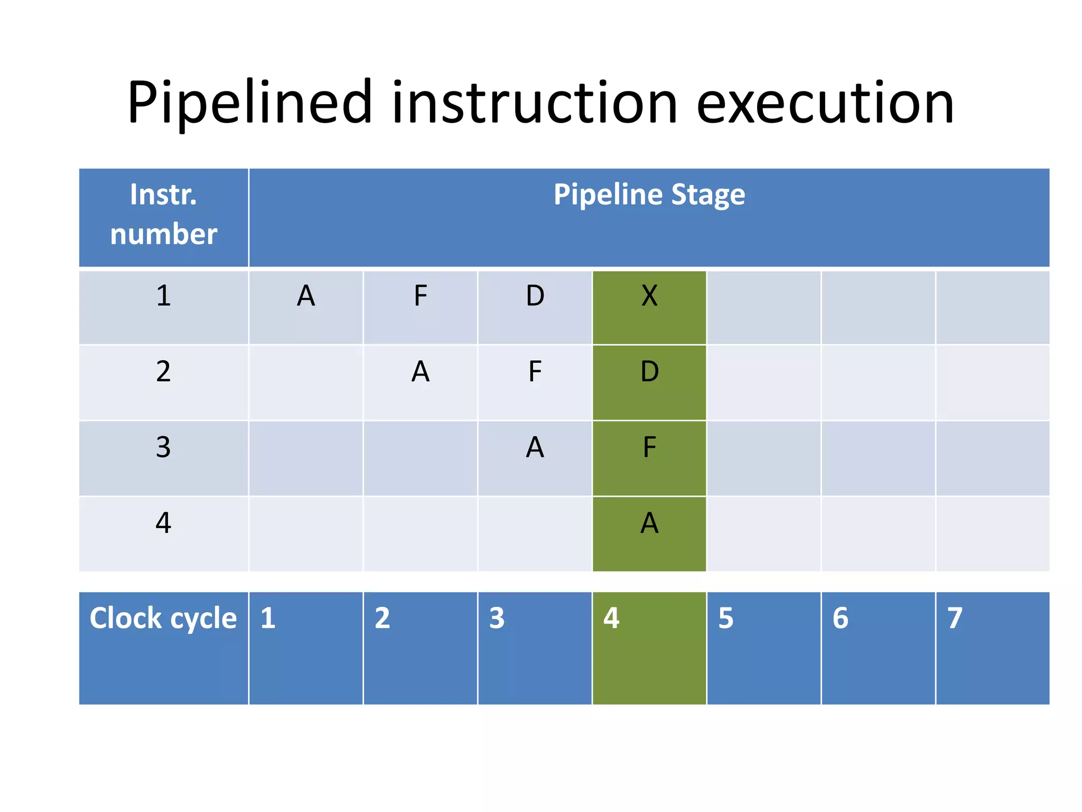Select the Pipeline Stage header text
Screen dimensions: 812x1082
coord(649,195)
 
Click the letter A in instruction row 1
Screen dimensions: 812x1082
coord(306,296)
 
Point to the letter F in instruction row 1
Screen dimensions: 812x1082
coord(420,296)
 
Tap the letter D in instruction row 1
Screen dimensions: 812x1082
coord(535,296)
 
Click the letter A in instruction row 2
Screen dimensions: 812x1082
coord(420,372)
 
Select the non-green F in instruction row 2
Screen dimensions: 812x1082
coord(535,372)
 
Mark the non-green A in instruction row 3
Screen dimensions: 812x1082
coord(535,447)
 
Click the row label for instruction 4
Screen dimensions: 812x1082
coord(163,523)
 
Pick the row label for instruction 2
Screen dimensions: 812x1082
coord(163,372)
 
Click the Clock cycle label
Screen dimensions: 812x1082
coord(163,619)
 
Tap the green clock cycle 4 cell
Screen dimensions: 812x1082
coord(649,648)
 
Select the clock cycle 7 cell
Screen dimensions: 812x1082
coord(992,648)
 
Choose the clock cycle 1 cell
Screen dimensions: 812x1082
coord(306,648)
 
